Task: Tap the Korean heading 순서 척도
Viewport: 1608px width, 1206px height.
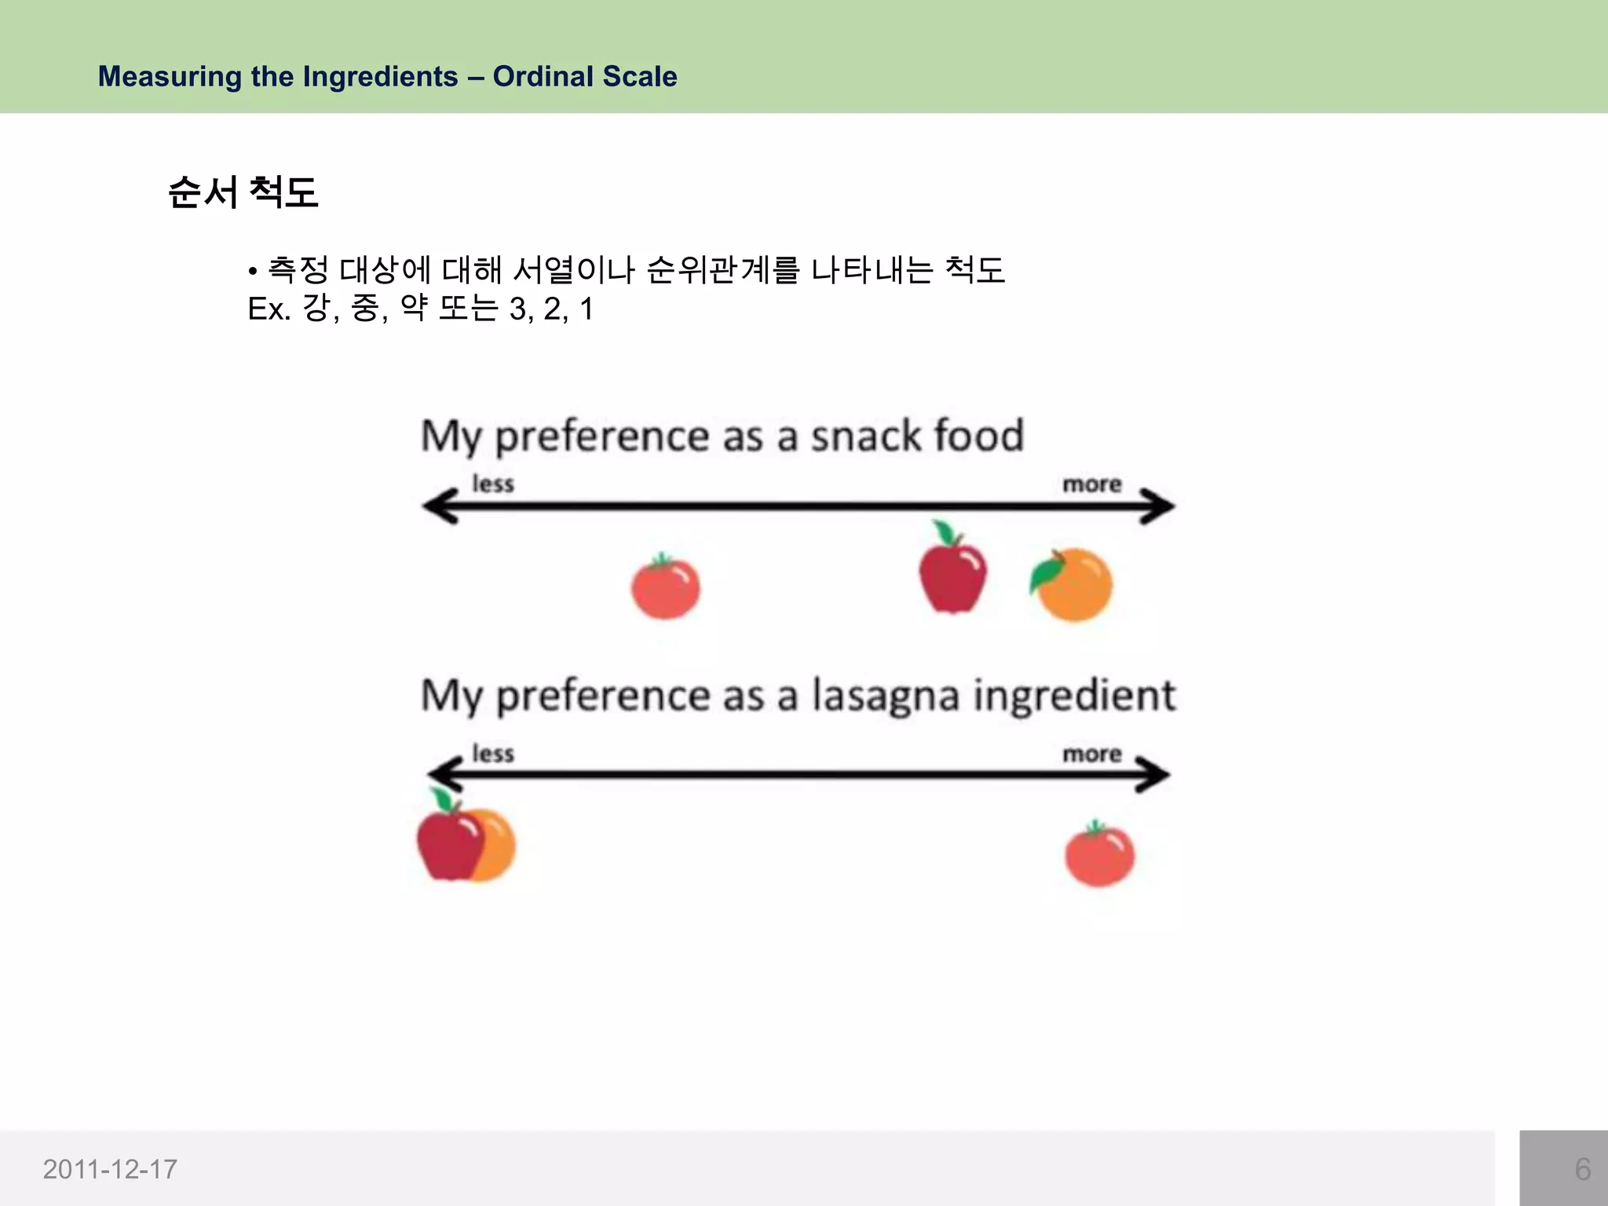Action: (243, 192)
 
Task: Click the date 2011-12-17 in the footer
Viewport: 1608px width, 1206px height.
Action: (110, 1169)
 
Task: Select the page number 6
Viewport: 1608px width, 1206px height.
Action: (1582, 1169)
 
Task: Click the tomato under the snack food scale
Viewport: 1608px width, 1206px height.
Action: (666, 587)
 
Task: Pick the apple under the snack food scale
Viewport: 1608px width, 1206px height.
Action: (952, 570)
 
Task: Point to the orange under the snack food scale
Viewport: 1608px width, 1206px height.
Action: (1074, 585)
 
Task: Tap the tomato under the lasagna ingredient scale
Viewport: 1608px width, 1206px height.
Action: (1099, 854)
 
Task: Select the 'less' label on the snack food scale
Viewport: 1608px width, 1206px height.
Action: (493, 484)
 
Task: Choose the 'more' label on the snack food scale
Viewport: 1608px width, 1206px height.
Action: (1092, 484)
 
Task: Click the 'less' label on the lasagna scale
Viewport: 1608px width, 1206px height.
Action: (493, 754)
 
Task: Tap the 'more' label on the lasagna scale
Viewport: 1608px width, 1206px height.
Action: (1092, 754)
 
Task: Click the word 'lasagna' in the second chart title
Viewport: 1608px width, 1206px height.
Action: (885, 696)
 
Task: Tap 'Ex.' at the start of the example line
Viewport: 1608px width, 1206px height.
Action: (269, 309)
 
